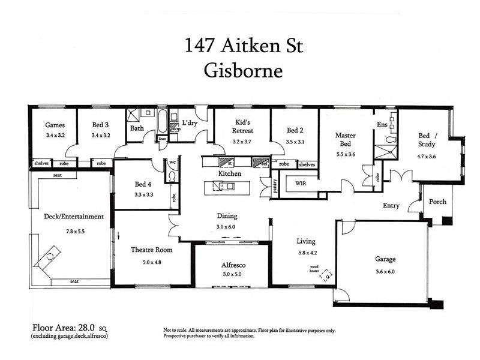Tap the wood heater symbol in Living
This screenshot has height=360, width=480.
tap(326, 275)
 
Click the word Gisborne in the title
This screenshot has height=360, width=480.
tap(243, 71)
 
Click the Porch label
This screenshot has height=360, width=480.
tap(437, 202)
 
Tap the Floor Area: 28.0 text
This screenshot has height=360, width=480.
tap(66, 328)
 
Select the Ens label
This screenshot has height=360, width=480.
tap(382, 124)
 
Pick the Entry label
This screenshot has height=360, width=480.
tap(391, 206)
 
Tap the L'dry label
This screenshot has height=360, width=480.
tap(190, 123)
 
